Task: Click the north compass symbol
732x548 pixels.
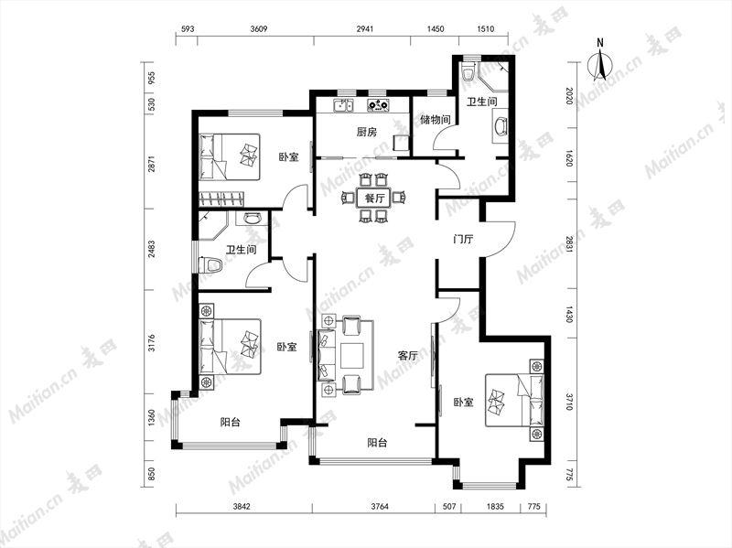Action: coord(600,64)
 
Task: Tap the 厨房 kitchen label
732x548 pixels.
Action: coord(367,133)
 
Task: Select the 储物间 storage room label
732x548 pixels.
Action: coord(436,120)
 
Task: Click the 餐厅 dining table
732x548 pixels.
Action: coord(374,198)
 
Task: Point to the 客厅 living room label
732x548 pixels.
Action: coord(407,356)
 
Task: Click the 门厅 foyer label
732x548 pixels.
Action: coord(463,240)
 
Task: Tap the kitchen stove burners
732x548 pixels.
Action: coord(378,106)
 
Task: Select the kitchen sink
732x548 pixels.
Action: coord(343,106)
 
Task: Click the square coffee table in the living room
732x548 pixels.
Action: coord(352,356)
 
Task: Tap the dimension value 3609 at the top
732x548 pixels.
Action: coord(259,29)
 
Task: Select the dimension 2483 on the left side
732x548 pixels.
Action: coord(151,249)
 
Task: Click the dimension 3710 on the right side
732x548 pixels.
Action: coord(569,402)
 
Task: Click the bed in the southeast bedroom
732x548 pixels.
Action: coord(514,400)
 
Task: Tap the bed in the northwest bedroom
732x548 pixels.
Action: coord(230,157)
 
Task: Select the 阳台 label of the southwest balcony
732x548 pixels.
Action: coord(231,423)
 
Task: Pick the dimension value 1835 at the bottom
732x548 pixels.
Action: coord(495,507)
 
